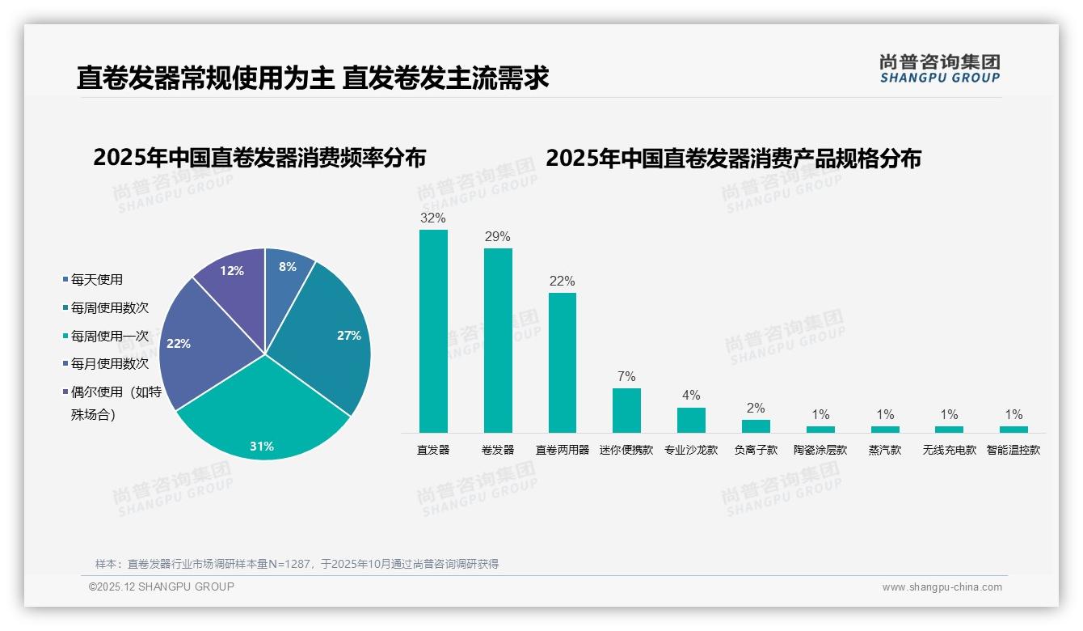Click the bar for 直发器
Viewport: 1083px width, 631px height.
point(433,331)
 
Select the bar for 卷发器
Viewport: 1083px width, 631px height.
point(498,340)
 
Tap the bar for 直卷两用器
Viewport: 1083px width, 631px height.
point(563,362)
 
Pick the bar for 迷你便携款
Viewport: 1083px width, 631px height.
point(626,410)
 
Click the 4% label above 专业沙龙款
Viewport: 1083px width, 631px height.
point(691,396)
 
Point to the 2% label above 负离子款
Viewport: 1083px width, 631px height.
point(756,409)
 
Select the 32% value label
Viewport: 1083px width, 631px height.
point(433,218)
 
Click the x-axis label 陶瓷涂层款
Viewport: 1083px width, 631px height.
point(820,450)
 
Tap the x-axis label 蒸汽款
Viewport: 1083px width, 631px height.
point(885,450)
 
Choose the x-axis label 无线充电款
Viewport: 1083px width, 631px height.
point(950,450)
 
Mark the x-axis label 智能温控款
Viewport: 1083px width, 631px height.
point(1013,450)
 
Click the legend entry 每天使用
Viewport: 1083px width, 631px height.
point(96,280)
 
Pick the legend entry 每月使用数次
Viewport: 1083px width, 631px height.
point(109,364)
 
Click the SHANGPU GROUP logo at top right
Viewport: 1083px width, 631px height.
point(940,69)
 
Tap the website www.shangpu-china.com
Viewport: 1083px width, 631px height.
point(942,587)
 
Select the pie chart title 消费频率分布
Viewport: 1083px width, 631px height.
point(259,158)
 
